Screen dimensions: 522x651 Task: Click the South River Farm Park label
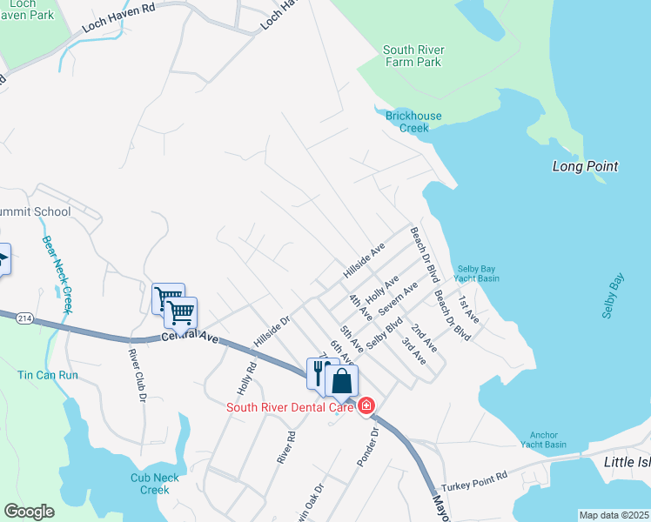pos(412,56)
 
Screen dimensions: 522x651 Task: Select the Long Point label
pos(585,166)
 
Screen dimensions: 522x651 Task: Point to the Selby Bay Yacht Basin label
pos(478,273)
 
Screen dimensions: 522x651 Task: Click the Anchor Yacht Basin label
pos(547,439)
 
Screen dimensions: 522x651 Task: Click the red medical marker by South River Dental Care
pos(366,405)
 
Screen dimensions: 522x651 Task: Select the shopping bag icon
pos(342,381)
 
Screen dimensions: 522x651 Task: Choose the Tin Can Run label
pos(48,375)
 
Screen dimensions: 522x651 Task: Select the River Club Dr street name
pos(136,376)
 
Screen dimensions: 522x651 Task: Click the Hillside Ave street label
pos(364,261)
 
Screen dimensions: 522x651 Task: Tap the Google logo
pos(29,512)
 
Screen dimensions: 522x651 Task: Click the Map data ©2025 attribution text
pos(614,515)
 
